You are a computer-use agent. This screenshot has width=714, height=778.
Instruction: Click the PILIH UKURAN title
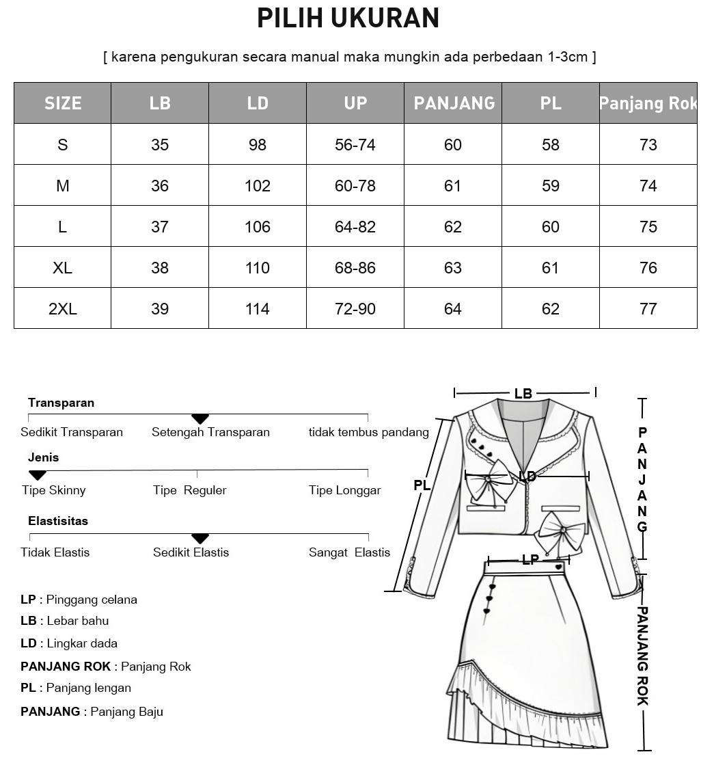(x=348, y=18)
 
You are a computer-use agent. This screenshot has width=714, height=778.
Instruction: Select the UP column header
(x=355, y=103)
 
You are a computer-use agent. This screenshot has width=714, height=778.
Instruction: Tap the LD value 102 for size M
(x=258, y=186)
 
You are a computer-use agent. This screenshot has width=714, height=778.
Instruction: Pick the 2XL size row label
(x=63, y=309)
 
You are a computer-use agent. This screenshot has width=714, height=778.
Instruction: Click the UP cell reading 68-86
(x=355, y=268)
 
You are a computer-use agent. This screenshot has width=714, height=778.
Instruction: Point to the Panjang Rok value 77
(x=648, y=309)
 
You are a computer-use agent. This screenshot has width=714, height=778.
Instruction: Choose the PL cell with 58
(x=551, y=145)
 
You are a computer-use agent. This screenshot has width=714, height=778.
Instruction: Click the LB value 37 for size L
(x=160, y=227)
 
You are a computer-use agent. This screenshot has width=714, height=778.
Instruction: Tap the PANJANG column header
(x=454, y=103)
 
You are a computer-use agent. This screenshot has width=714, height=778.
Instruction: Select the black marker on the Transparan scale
(x=200, y=418)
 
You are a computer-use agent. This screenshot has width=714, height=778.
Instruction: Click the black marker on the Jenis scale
(x=38, y=474)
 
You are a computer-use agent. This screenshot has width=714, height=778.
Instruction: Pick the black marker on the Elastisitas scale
(x=200, y=538)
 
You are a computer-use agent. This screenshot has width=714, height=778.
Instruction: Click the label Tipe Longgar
(x=344, y=490)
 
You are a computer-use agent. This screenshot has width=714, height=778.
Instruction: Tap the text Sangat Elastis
(x=349, y=552)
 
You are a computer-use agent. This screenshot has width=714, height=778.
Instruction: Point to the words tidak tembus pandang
(x=368, y=432)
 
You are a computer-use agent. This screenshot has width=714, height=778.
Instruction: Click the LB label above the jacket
(x=523, y=394)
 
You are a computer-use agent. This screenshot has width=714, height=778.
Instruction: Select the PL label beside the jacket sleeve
(x=422, y=485)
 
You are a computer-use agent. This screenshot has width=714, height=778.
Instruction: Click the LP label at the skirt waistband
(x=530, y=560)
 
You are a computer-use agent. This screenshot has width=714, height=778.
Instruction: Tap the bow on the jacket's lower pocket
(x=562, y=531)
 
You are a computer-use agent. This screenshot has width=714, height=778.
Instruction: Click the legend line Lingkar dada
(x=69, y=643)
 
